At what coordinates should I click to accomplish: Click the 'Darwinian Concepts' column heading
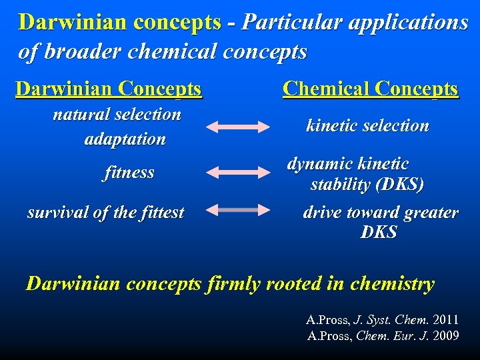point(108,89)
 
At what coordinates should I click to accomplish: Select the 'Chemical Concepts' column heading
point(370,89)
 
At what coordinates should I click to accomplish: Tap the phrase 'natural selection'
point(117,114)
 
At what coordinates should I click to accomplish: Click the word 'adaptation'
point(125,139)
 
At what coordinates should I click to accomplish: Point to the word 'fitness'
point(129,173)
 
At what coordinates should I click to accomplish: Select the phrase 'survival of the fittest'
point(105,213)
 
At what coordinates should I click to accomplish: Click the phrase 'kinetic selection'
point(367,125)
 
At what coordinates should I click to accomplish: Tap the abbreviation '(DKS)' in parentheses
point(399,185)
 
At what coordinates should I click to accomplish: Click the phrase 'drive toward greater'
point(381,213)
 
